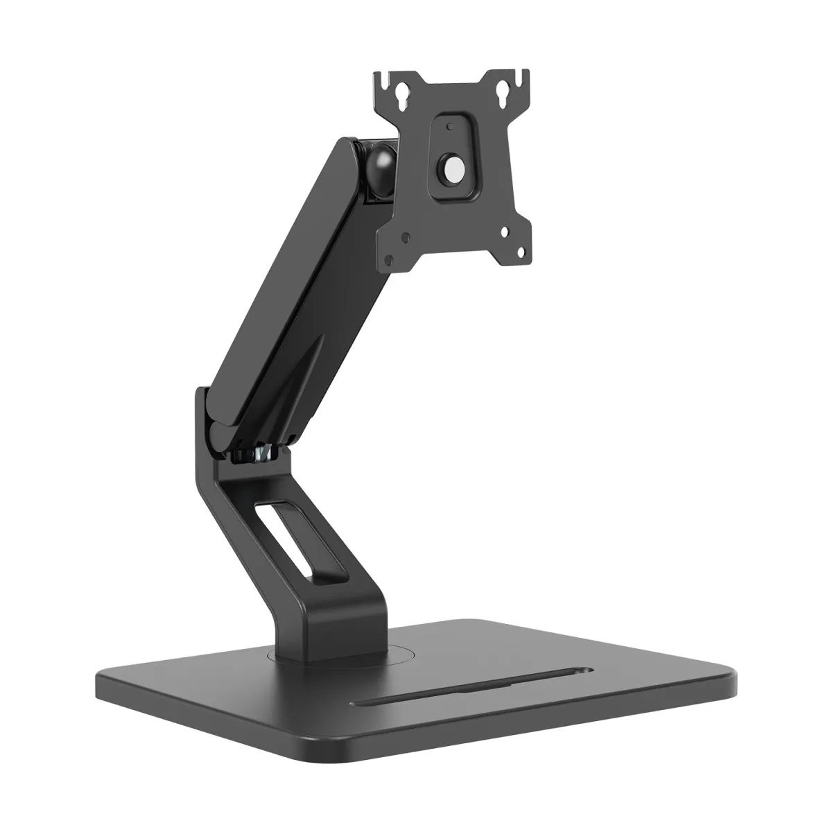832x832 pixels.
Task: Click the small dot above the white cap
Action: pos(449,127)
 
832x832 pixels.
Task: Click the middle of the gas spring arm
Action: pos(305,298)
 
